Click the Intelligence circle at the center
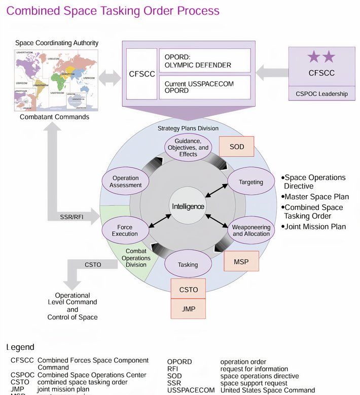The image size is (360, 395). coord(188,206)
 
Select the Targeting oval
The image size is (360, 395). coord(251,182)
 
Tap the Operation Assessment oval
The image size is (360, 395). coord(125,182)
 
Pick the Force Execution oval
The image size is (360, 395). coord(125,230)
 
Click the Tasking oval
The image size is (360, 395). coord(188,264)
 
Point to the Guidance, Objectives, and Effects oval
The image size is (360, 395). coord(188,147)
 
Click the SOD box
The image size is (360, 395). coord(236,147)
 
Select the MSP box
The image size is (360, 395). coord(241,261)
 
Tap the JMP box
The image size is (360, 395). coord(188,308)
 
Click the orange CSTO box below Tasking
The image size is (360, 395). coord(188,290)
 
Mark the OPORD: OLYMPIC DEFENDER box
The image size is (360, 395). coord(205,60)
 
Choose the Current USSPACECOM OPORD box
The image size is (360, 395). coord(205,87)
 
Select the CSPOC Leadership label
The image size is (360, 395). coord(321,93)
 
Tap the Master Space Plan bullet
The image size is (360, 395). coord(316,197)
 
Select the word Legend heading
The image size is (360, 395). coord(20,347)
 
